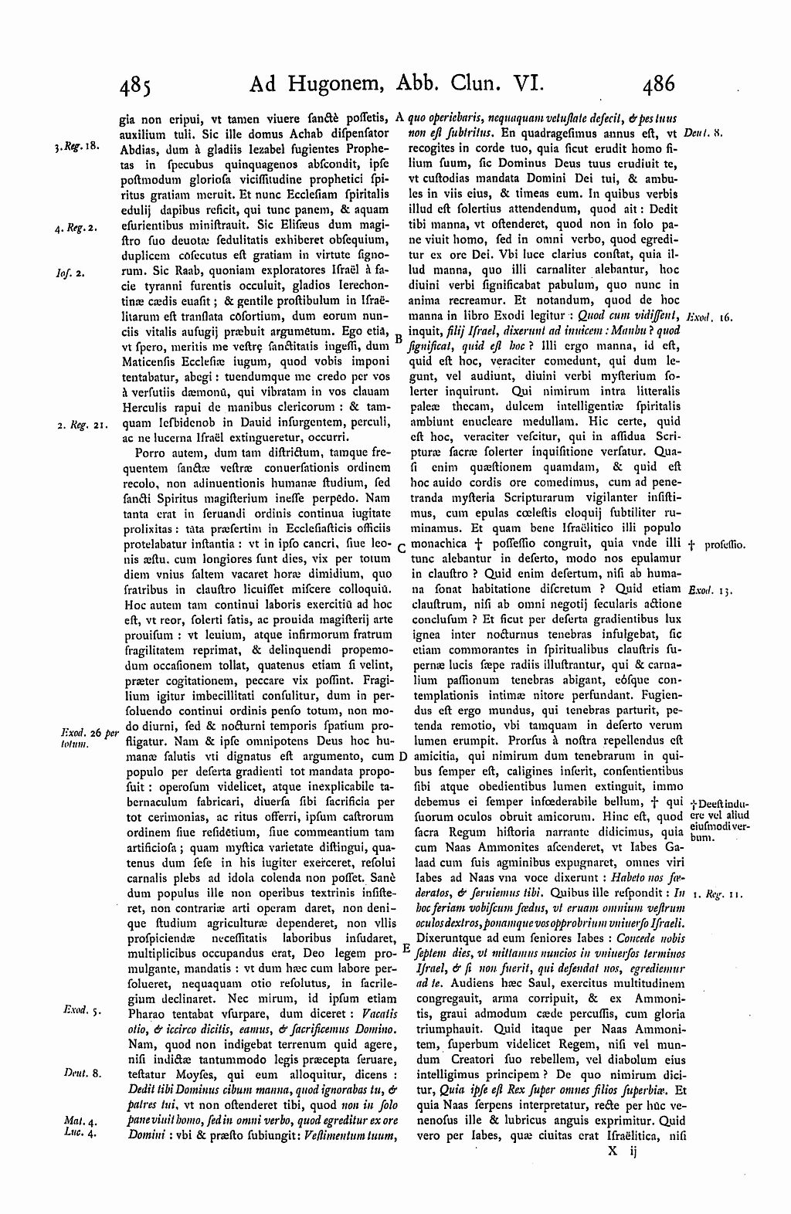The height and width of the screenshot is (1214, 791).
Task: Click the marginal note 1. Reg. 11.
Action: click(718, 894)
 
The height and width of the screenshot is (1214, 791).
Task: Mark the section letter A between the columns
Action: click(400, 118)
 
